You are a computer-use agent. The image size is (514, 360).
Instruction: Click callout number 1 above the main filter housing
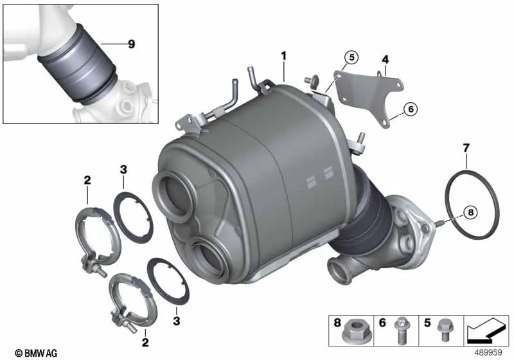point(283,56)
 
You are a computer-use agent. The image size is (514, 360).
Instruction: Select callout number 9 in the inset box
point(131,44)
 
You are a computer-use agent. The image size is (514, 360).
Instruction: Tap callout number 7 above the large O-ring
point(466,148)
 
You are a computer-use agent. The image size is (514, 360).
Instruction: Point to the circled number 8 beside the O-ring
point(471,212)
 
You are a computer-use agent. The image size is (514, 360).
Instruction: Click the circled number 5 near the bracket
point(351,57)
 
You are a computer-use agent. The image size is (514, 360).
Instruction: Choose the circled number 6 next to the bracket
point(411,109)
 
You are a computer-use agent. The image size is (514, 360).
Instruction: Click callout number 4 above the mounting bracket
point(385,60)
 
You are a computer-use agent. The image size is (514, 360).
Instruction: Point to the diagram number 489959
point(488,352)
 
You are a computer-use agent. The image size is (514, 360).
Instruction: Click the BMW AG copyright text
point(36,353)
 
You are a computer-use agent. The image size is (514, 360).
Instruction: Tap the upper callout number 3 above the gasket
point(123,170)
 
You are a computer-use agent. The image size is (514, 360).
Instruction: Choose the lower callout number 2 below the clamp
point(145,343)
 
